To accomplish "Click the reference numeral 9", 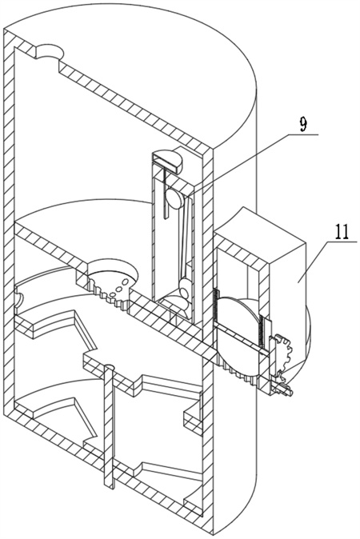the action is pyautogui.click(x=302, y=125).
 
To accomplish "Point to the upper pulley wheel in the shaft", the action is pyautogui.click(x=174, y=199).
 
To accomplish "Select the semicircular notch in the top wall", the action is pyautogui.click(x=50, y=51).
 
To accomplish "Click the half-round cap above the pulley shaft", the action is pyautogui.click(x=169, y=158).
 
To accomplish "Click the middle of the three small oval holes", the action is pyautogui.click(x=119, y=288).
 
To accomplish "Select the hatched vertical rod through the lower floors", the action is pyautogui.click(x=109, y=426).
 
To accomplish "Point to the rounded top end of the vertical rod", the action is pyautogui.click(x=109, y=366).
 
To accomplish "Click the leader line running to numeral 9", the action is pyautogui.click(x=252, y=166).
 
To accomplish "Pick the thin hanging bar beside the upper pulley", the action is pyautogui.click(x=165, y=192).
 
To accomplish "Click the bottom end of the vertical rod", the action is pyautogui.click(x=109, y=485).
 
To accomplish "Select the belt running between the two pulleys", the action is pyautogui.click(x=185, y=238).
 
